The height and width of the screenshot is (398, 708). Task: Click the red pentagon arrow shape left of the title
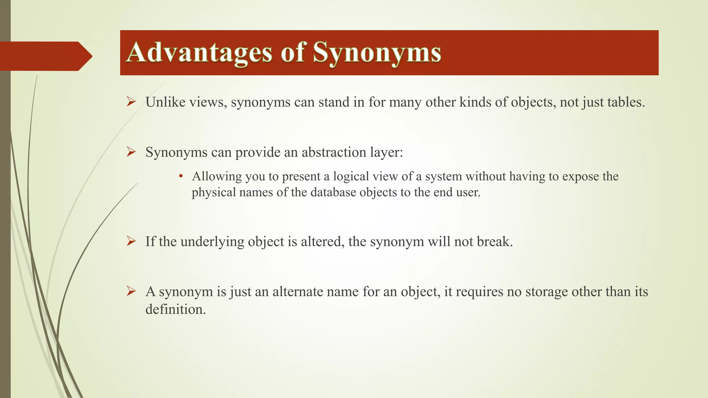(45, 56)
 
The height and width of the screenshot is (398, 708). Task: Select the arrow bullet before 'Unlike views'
(131, 102)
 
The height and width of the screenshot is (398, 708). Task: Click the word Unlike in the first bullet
(165, 102)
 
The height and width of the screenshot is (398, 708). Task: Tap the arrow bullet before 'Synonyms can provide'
(131, 152)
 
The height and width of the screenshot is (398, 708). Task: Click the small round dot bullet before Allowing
(180, 177)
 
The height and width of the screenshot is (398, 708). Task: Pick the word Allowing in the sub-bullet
(217, 177)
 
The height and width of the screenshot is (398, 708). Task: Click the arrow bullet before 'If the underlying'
(131, 241)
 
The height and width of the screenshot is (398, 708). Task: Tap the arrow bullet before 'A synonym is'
(131, 291)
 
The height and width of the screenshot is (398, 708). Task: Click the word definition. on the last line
(175, 309)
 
